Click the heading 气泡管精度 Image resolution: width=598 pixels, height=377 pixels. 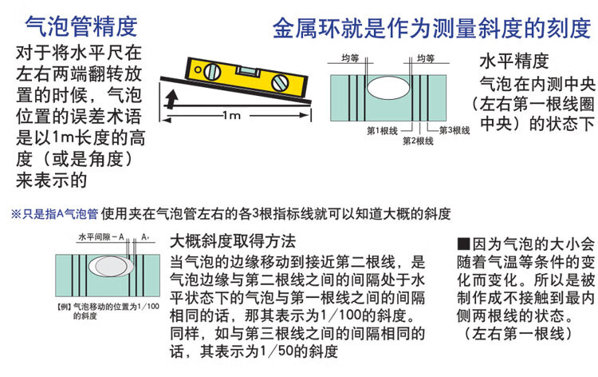(81, 26)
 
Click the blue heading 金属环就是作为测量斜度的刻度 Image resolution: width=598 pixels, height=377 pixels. (431, 28)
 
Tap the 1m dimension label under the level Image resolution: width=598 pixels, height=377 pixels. (232, 114)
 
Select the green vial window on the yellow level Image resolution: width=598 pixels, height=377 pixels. (248, 71)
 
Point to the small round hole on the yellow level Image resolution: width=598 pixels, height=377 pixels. (198, 69)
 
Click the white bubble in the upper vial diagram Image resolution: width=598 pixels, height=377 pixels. (388, 88)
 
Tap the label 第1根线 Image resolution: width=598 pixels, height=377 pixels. (382, 131)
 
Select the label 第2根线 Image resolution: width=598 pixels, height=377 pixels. (418, 141)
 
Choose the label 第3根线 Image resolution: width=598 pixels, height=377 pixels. (454, 131)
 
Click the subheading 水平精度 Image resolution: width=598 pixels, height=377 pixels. (513, 62)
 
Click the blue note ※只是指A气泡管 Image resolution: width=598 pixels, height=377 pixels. (54, 214)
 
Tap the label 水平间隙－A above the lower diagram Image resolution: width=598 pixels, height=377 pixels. (101, 237)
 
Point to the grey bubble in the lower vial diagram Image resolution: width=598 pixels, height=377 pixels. (111, 266)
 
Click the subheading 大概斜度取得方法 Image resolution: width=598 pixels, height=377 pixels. (233, 241)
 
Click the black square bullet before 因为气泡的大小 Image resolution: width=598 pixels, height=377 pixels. (463, 244)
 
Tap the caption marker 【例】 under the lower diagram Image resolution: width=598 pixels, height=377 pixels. (64, 307)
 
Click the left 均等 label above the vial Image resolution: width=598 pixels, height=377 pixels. (350, 58)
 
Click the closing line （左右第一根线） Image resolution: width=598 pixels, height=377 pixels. (519, 333)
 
